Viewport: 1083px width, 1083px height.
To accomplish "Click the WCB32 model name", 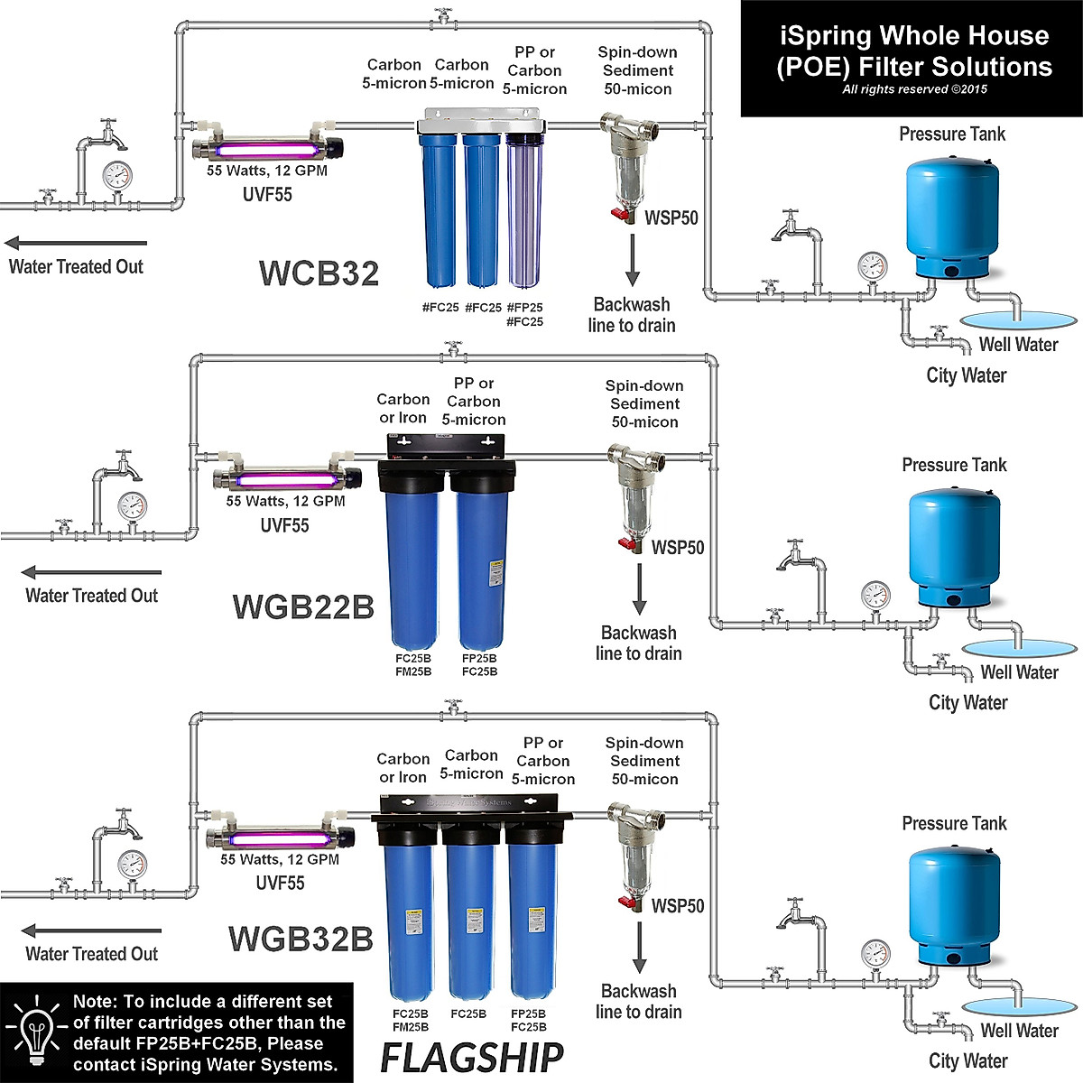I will [319, 273].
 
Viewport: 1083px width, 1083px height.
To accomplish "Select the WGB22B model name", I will [303, 606].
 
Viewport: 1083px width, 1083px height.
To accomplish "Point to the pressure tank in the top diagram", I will [952, 217].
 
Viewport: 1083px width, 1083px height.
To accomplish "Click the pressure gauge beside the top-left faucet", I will [116, 175].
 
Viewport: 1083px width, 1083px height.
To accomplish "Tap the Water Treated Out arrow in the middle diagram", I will [91, 572].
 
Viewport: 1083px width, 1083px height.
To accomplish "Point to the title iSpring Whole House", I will [914, 36].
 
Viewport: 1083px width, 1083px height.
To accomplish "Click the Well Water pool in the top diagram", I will [1018, 319].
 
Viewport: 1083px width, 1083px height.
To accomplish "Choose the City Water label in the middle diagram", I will [967, 702].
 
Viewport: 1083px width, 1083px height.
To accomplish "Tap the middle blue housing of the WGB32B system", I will [470, 921].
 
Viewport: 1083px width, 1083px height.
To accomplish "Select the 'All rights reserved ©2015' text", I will [914, 89].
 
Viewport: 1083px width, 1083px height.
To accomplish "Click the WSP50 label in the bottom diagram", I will [678, 906].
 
